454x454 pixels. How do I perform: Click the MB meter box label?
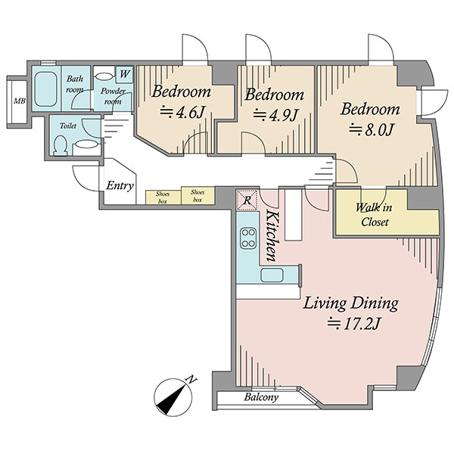[x=20, y=101]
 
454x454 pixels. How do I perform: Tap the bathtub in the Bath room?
[x=45, y=89]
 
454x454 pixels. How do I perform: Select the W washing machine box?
[x=125, y=74]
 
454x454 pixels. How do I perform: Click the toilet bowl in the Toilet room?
[x=61, y=145]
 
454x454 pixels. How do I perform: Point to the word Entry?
[x=120, y=185]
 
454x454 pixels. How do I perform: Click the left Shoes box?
[x=163, y=197]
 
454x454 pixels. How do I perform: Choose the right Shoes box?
[x=197, y=195]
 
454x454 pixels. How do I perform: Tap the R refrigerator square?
[x=247, y=200]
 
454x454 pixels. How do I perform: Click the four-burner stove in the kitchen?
[x=248, y=238]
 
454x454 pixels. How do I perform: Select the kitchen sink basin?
[x=272, y=275]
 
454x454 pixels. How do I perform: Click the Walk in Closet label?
[x=374, y=215]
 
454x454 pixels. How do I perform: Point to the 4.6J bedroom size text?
[x=182, y=112]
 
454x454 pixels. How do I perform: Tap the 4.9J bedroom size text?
[x=275, y=115]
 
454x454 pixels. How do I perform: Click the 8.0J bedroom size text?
[x=371, y=129]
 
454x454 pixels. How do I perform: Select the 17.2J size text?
[x=353, y=324]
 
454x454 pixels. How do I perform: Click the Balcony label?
[x=261, y=396]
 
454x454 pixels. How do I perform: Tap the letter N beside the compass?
[x=191, y=379]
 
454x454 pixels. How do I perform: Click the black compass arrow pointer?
[x=172, y=400]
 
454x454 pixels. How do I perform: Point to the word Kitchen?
[x=272, y=236]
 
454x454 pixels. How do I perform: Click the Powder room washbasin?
[x=104, y=76]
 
